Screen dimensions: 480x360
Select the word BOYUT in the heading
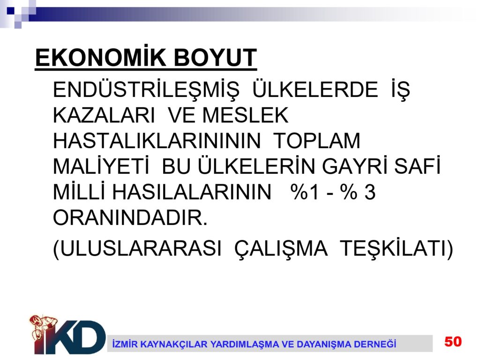(x=215, y=58)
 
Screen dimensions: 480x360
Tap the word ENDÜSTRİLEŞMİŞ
(x=146, y=90)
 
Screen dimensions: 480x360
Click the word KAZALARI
(x=104, y=115)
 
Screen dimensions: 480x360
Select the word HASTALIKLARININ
(x=157, y=141)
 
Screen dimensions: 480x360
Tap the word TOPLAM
(x=316, y=141)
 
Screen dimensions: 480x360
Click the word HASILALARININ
(x=192, y=192)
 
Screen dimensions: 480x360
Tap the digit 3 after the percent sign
(x=370, y=192)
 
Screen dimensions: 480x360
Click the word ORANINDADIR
(x=130, y=217)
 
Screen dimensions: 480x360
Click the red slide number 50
(x=453, y=341)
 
